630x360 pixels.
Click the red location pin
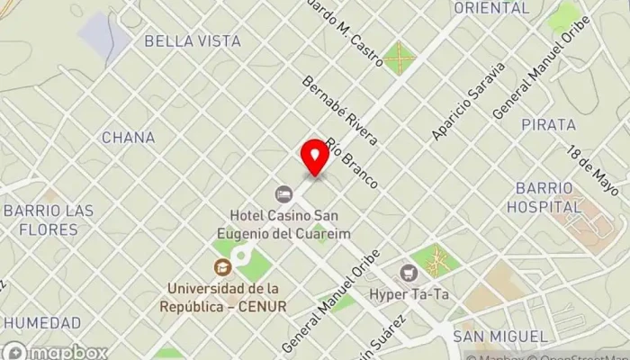[315, 158]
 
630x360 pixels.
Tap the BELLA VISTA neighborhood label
[192, 41]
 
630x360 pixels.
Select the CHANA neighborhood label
[128, 138]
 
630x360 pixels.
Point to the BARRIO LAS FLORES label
[48, 219]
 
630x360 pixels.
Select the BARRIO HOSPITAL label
[544, 197]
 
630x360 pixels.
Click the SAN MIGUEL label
[499, 336]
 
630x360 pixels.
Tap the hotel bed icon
[283, 194]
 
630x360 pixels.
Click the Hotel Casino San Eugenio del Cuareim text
[283, 224]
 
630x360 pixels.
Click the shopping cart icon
[411, 273]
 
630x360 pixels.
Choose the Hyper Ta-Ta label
[409, 294]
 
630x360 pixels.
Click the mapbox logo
[56, 351]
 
